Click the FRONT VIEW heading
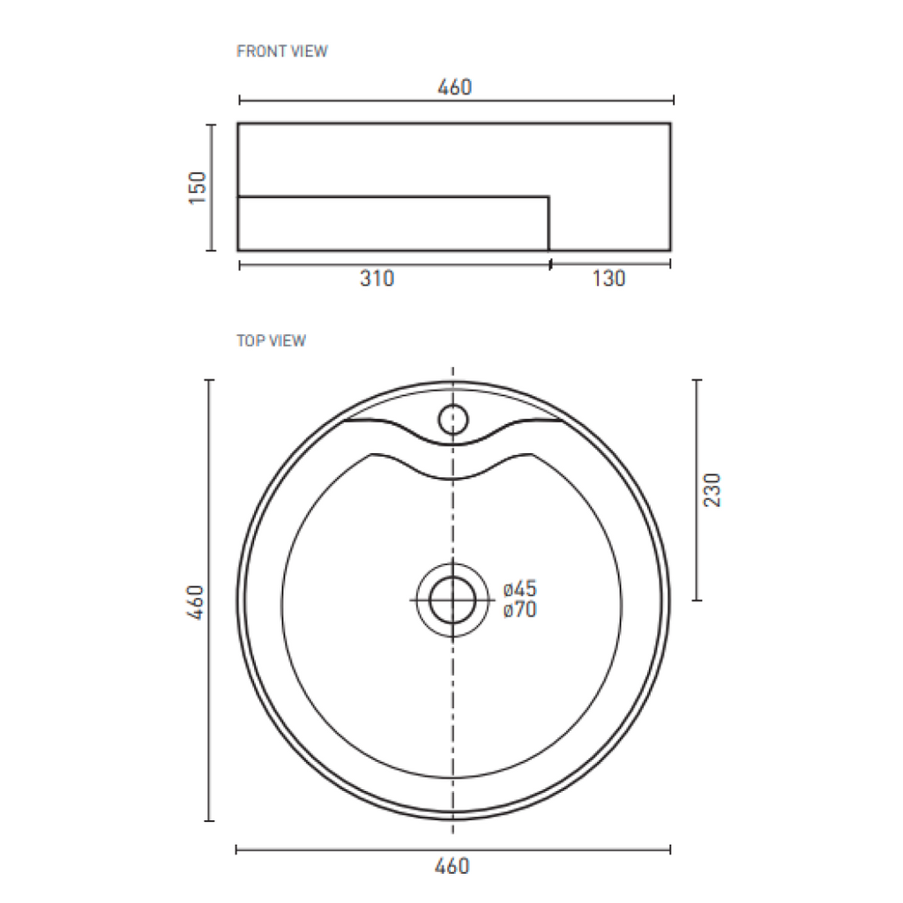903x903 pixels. (x=281, y=51)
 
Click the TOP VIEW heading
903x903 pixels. (x=271, y=340)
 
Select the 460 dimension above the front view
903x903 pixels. (x=455, y=87)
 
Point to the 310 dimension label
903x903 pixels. (x=377, y=279)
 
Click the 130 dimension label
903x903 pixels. (x=608, y=279)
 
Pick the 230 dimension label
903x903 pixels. (x=713, y=489)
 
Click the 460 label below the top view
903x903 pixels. (x=452, y=866)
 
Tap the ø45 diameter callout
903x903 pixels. (x=520, y=589)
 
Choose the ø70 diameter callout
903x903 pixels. (x=520, y=609)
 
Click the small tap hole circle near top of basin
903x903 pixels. (x=453, y=418)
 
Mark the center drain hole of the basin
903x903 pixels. (x=452, y=601)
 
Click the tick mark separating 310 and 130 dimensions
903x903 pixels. (x=550, y=263)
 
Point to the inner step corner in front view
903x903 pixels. (x=549, y=196)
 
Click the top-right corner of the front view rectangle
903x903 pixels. (x=670, y=124)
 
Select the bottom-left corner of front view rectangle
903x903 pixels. (x=239, y=250)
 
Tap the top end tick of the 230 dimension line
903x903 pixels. (x=697, y=380)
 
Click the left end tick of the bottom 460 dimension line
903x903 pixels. (x=236, y=850)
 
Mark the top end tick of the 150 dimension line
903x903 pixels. (x=210, y=125)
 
